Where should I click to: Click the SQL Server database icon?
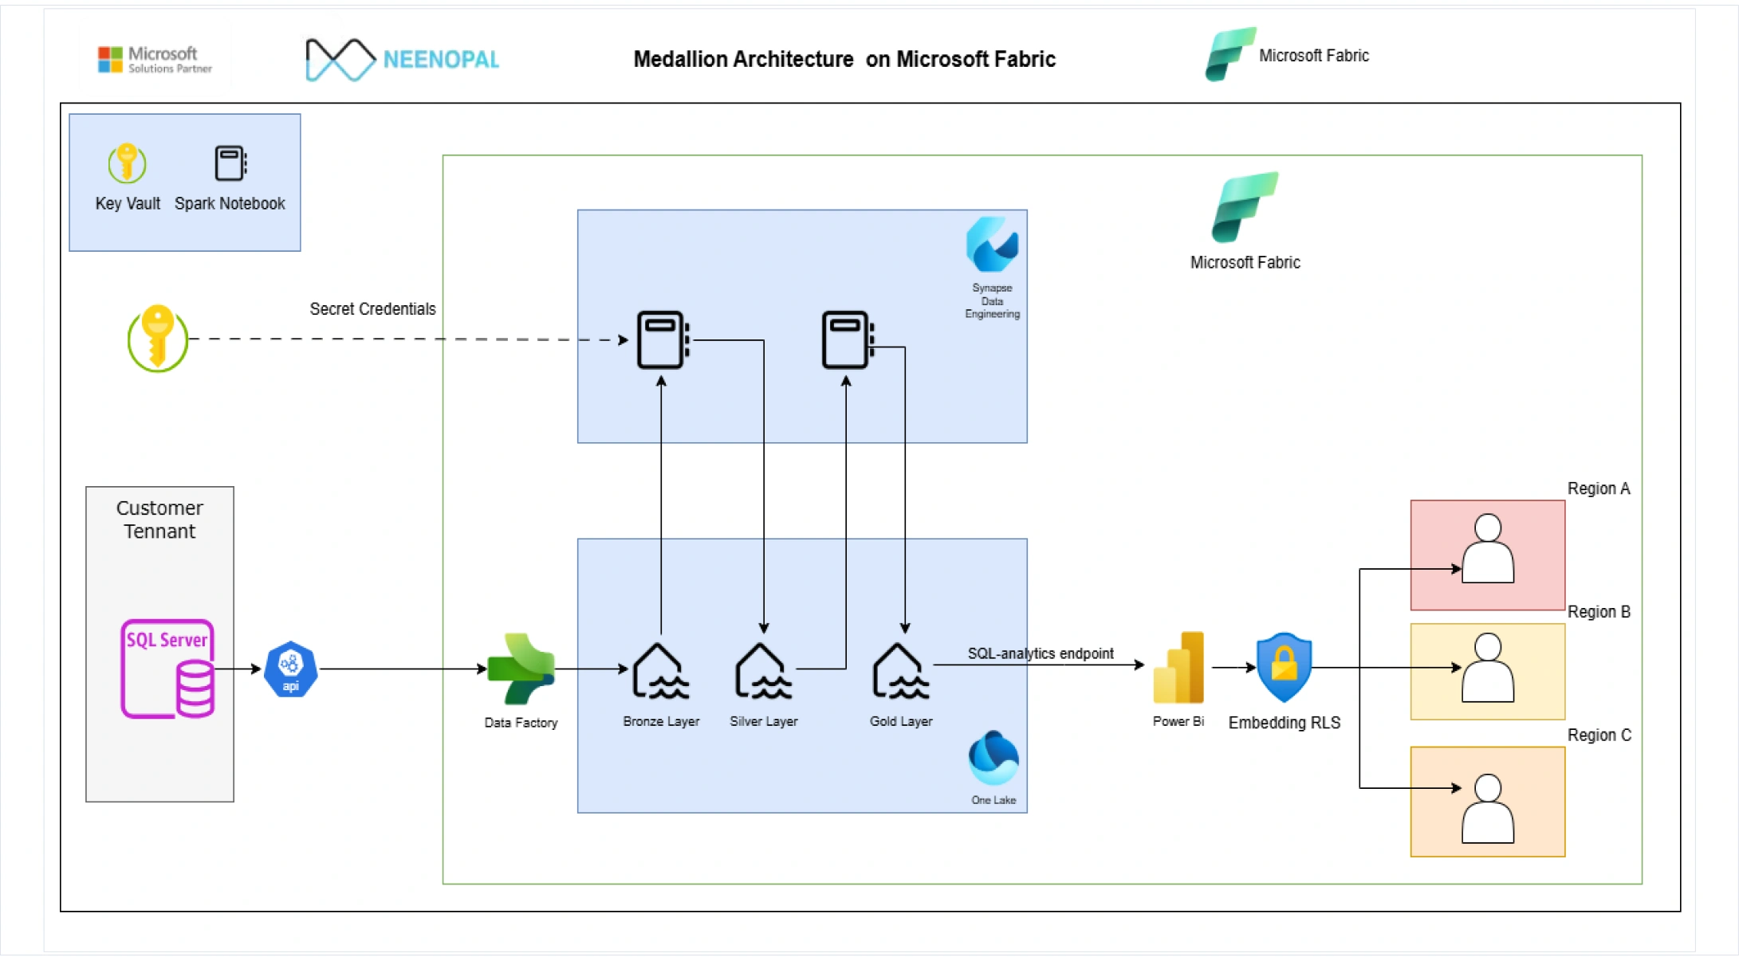(167, 669)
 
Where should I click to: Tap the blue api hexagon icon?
(291, 669)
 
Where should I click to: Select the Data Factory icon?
(521, 669)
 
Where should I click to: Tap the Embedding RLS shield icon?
(1284, 668)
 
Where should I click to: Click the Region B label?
(1599, 612)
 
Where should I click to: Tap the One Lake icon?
(993, 758)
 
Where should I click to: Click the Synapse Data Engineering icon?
(992, 245)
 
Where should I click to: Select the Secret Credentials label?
(372, 309)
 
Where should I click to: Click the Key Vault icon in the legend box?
(127, 163)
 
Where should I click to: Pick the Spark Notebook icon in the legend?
(230, 163)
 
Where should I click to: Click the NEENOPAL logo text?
(441, 60)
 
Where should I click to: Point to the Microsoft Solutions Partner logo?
(155, 60)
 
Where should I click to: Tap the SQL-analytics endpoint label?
(1041, 653)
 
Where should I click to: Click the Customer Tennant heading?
(159, 520)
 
